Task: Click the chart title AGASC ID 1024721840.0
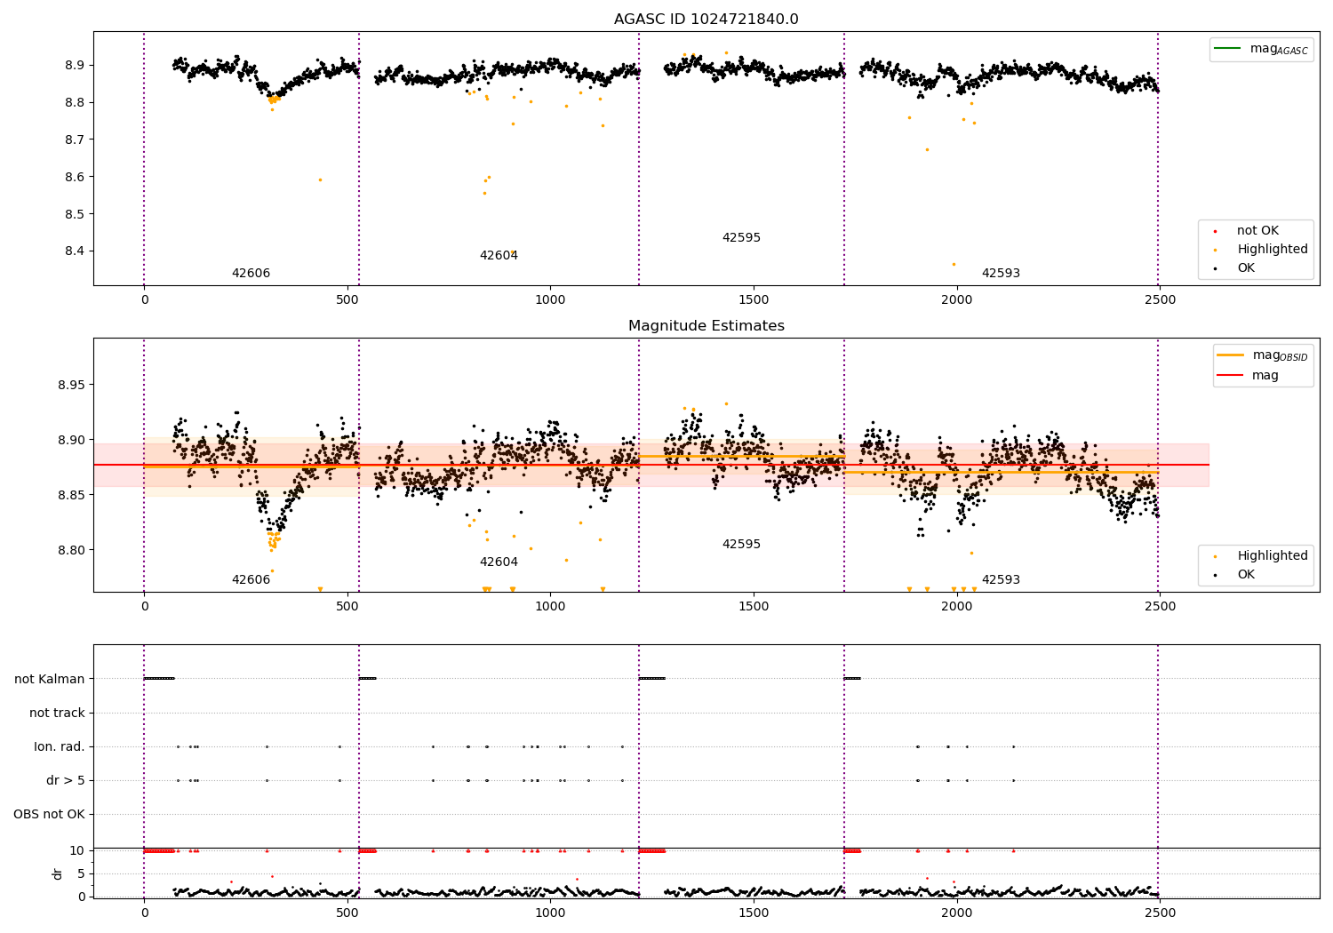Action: pyautogui.click(x=706, y=20)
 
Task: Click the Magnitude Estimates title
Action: pyautogui.click(x=706, y=326)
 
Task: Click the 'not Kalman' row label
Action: pyautogui.click(x=50, y=679)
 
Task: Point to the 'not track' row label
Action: pyautogui.click(x=57, y=713)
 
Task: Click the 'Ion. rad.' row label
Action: pyautogui.click(x=60, y=746)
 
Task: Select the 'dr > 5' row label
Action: pyautogui.click(x=66, y=780)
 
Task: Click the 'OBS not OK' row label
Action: pyautogui.click(x=49, y=814)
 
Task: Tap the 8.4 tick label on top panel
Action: pyautogui.click(x=74, y=251)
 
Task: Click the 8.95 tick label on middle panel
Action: pyautogui.click(x=70, y=385)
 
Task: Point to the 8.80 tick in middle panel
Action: pyautogui.click(x=70, y=550)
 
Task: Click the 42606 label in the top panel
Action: pyautogui.click(x=251, y=274)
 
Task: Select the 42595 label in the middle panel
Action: pyautogui.click(x=741, y=545)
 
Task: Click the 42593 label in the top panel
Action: pyautogui.click(x=1001, y=274)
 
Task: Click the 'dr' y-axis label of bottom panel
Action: pyautogui.click(x=58, y=873)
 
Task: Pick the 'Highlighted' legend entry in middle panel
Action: pyautogui.click(x=1272, y=556)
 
